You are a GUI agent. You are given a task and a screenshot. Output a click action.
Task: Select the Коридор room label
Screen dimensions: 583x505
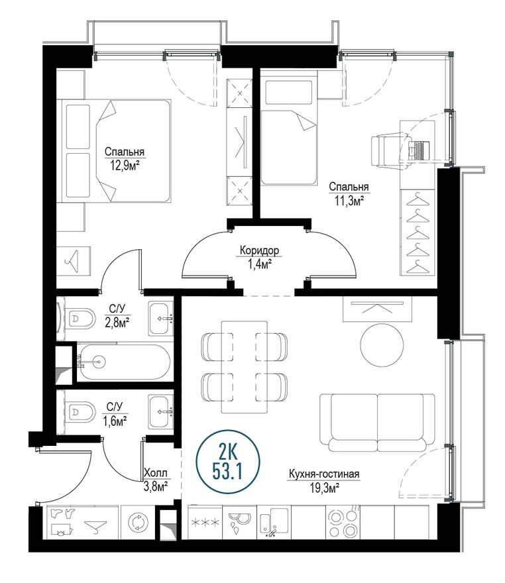(x=259, y=251)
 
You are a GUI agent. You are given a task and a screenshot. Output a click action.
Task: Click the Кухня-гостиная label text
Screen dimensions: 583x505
(x=323, y=474)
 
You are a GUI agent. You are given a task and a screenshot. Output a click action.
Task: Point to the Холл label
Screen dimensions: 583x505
(x=156, y=474)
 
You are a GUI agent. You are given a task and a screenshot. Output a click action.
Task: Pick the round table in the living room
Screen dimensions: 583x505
(x=382, y=343)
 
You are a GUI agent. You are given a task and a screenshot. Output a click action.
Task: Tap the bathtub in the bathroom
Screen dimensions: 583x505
(x=123, y=362)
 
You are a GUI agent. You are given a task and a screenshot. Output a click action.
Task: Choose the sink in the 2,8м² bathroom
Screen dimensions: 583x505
(x=161, y=319)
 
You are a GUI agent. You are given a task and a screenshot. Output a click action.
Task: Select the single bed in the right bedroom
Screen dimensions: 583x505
(x=289, y=132)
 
